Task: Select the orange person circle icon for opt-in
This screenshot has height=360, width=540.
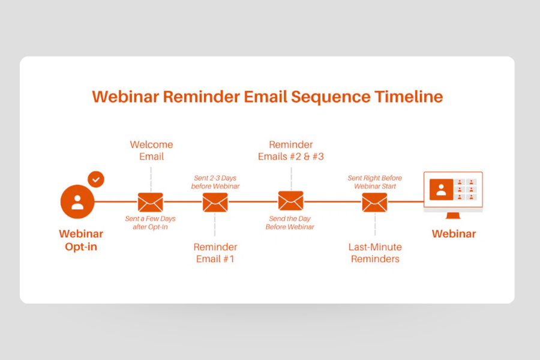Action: [77, 202]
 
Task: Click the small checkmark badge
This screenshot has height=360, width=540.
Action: [95, 179]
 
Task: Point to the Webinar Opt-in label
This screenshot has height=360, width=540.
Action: [81, 240]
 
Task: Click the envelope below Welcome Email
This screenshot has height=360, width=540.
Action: [151, 202]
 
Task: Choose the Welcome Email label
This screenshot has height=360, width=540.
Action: [151, 151]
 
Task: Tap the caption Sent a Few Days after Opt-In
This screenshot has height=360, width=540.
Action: [151, 223]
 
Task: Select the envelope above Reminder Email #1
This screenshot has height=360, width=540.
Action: [215, 202]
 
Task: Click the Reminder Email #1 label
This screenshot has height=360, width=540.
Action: [215, 253]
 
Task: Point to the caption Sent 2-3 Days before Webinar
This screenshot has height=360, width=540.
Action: [215, 182]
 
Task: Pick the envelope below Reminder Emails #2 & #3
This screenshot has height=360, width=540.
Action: [290, 201]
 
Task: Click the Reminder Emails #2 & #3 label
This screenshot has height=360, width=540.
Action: [291, 151]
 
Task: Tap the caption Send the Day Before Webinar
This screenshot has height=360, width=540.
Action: [290, 223]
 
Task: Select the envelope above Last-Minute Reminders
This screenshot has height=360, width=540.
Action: [374, 202]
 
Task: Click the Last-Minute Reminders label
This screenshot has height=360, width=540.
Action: [375, 253]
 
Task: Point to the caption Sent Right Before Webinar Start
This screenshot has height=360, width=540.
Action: [375, 182]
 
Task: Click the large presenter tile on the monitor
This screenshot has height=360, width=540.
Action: [441, 190]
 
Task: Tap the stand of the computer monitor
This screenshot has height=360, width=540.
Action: [453, 216]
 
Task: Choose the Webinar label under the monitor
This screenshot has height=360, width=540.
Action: [454, 234]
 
